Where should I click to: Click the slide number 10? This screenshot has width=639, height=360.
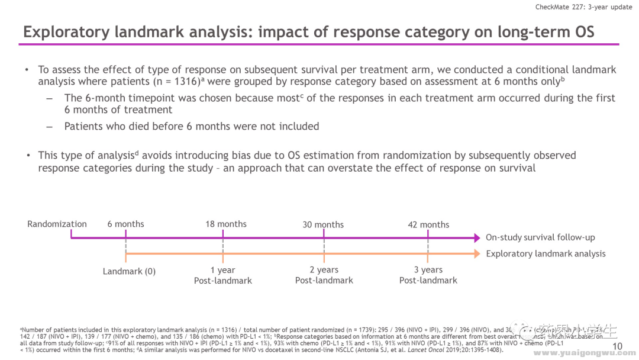pos(617,346)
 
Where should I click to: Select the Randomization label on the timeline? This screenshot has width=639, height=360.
pos(57,224)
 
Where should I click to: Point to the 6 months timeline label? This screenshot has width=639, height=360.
pos(125,224)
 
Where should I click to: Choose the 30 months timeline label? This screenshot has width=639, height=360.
pos(323,225)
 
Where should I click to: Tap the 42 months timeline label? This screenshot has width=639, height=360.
pos(428,225)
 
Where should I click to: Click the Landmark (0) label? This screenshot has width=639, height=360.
pos(129,271)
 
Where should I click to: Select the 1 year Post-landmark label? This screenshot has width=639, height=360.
pos(223,275)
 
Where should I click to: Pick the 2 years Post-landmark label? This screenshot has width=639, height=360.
pos(324,275)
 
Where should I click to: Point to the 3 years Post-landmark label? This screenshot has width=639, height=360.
pos(428,275)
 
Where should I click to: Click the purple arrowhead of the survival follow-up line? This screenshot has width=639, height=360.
pos(477,238)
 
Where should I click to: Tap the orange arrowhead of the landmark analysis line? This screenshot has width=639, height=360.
pos(477,254)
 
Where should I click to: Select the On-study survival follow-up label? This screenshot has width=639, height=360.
pos(540,237)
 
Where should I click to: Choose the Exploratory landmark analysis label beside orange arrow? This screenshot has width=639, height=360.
pos(546,254)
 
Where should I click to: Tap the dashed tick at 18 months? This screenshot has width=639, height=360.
pos(223,246)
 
